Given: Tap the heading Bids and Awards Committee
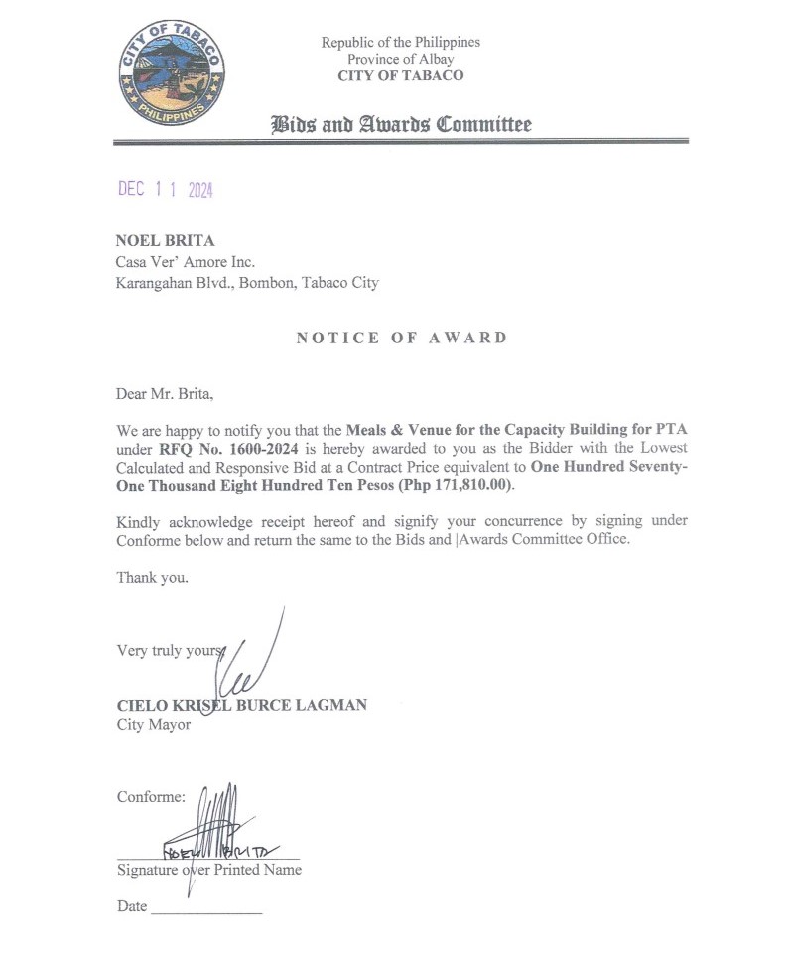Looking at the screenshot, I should tap(401, 124).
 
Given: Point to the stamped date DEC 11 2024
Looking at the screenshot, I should tap(166, 190).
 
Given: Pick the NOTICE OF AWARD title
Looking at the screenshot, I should tap(401, 338).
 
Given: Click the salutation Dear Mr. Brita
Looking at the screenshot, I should tap(165, 393).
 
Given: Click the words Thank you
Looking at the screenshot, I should tap(152, 577).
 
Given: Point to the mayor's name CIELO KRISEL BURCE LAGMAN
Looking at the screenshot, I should tap(242, 705).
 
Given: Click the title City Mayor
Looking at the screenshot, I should tap(153, 724).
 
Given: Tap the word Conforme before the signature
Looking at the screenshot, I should tap(151, 797).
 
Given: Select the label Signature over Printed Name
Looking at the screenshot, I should tap(209, 870).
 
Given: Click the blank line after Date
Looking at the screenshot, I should tap(206, 908).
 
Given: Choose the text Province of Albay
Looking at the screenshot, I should tap(401, 59).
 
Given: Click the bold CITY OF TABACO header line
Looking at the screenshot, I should tap(401, 75).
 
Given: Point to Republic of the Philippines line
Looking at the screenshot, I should tap(401, 42).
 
